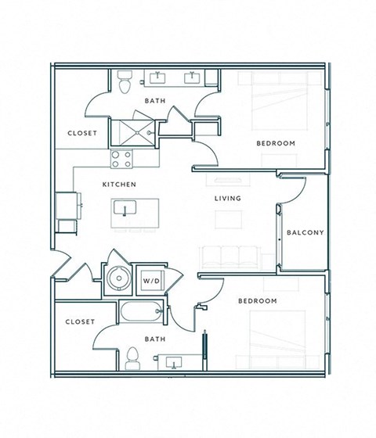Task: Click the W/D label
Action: pyautogui.click(x=149, y=280)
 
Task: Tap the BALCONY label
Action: pyautogui.click(x=305, y=232)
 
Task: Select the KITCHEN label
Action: pyautogui.click(x=120, y=184)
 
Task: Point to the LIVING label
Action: pyautogui.click(x=228, y=199)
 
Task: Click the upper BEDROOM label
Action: pyautogui.click(x=276, y=143)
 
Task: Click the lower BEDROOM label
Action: pyautogui.click(x=258, y=301)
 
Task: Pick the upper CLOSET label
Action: pyautogui.click(x=82, y=133)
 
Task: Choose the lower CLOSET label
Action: pyautogui.click(x=79, y=321)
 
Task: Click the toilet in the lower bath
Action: pyautogui.click(x=132, y=357)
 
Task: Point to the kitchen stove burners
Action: pyautogui.click(x=121, y=159)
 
